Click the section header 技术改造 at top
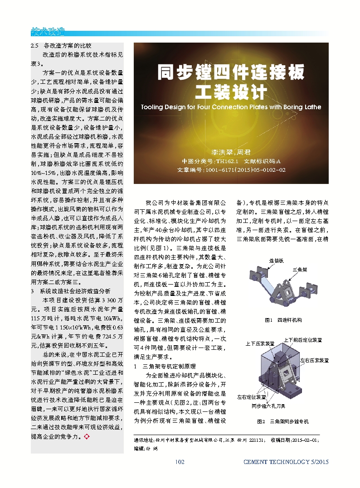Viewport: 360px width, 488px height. pos(48,32)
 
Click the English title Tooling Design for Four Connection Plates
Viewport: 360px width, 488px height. pos(231,107)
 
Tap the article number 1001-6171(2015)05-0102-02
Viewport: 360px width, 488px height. pos(231,170)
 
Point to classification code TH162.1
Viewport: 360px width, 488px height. pos(227,161)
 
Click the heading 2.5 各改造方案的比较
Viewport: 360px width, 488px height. pos(61,46)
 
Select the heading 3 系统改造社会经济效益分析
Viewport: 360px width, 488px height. pos(70,291)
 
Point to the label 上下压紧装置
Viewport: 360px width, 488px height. pos(260,343)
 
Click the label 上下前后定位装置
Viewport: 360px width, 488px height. pos(302,340)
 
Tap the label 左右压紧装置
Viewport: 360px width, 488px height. pos(314,360)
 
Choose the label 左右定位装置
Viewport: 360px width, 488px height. pos(252,397)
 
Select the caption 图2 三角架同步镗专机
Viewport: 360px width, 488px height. pos(282,422)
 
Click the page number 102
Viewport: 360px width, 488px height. pos(180,462)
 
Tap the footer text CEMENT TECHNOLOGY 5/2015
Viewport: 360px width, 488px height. pos(286,462)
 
